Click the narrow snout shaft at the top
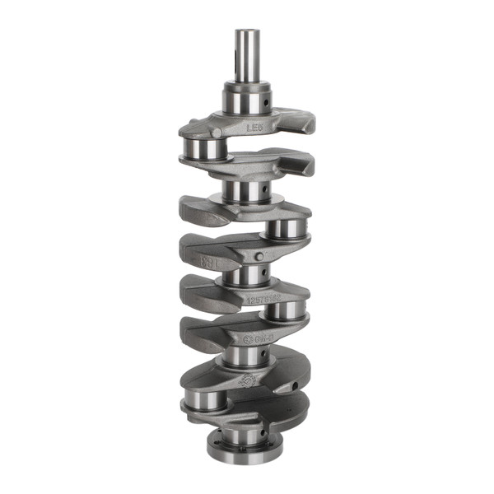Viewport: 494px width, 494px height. point(246,54)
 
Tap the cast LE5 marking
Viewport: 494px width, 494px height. point(257,128)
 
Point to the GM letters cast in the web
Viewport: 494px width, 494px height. point(264,338)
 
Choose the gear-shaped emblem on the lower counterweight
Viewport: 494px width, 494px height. point(245,380)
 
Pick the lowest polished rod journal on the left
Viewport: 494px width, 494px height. point(206,403)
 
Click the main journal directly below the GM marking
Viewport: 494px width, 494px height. point(245,356)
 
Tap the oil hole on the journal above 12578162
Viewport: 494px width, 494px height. point(261,277)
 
